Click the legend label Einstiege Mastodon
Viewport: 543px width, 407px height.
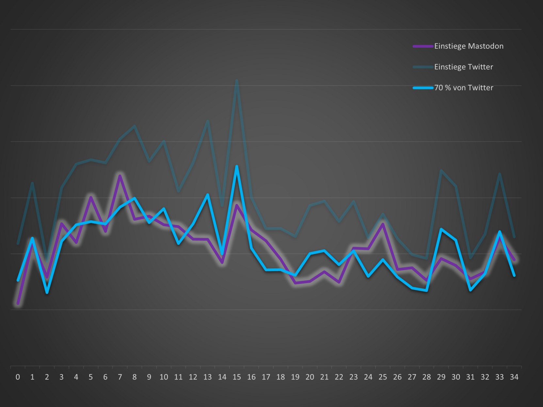pyautogui.click(x=469, y=46)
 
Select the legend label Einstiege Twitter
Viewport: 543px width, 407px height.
pyautogui.click(x=463, y=67)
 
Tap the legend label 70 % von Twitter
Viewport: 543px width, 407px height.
pyautogui.click(x=463, y=88)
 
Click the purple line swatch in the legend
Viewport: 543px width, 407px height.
pyautogui.click(x=423, y=46)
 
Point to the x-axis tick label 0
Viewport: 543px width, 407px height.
pyautogui.click(x=18, y=377)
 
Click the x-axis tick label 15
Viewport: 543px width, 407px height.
pyautogui.click(x=237, y=377)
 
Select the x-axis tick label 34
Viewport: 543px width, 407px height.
pyautogui.click(x=514, y=377)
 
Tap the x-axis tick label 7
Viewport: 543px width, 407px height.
pyautogui.click(x=120, y=377)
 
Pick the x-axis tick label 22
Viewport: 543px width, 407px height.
pyautogui.click(x=339, y=377)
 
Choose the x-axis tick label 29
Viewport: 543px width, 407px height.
pyautogui.click(x=441, y=377)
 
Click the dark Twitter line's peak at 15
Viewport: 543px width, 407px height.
pyautogui.click(x=237, y=81)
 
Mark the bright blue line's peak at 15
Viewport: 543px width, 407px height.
pyautogui.click(x=237, y=166)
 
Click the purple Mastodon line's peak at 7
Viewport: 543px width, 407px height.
pyautogui.click(x=120, y=176)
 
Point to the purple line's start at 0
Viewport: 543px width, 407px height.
pyautogui.click(x=18, y=304)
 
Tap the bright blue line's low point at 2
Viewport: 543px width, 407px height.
pyautogui.click(x=47, y=292)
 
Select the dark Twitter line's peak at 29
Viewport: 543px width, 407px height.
pyautogui.click(x=441, y=171)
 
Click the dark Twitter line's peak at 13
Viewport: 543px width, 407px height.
pyautogui.click(x=207, y=121)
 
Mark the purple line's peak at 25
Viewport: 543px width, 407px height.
pyautogui.click(x=383, y=224)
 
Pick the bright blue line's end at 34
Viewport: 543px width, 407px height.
pyautogui.click(x=514, y=275)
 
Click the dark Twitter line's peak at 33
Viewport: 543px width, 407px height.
pyautogui.click(x=500, y=174)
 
